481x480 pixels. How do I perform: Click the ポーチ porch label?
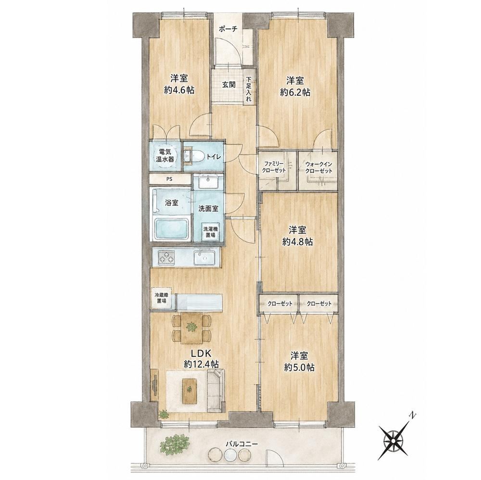pos(228,29)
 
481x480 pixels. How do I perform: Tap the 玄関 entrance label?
pos(229,85)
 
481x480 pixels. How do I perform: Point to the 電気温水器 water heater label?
pos(166,155)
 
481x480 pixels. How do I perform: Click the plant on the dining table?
pos(192,327)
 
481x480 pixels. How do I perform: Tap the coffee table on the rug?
pos(190,391)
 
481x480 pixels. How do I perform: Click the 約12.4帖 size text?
pos(201,364)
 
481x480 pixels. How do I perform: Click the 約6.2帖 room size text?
pos(295,92)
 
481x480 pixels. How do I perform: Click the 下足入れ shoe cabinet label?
pos(249,89)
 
